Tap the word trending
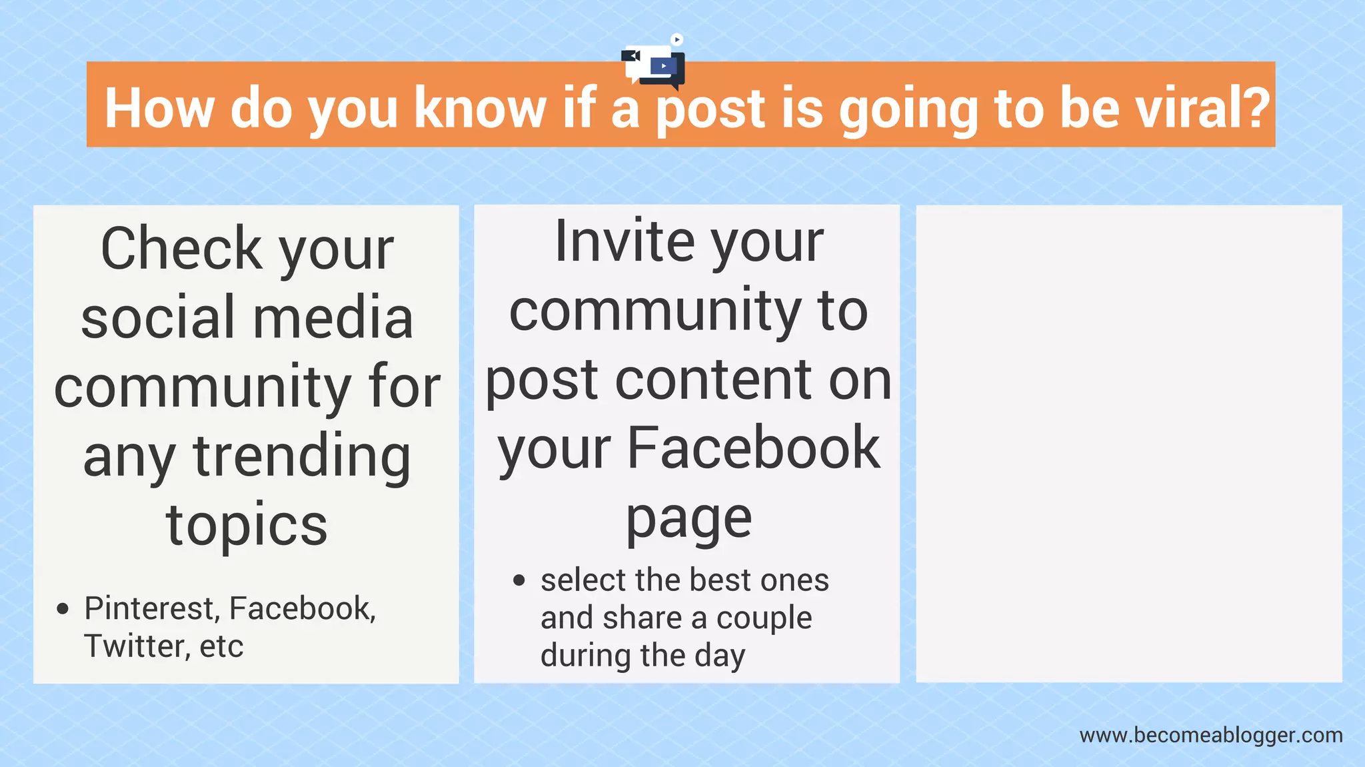click(x=302, y=458)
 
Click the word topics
click(x=247, y=526)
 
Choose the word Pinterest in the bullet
click(x=152, y=608)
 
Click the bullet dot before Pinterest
click(x=63, y=608)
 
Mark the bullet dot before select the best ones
click(x=519, y=580)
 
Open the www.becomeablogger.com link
click(x=1211, y=735)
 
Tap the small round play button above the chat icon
click(x=677, y=39)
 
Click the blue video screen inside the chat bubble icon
click(x=663, y=66)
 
